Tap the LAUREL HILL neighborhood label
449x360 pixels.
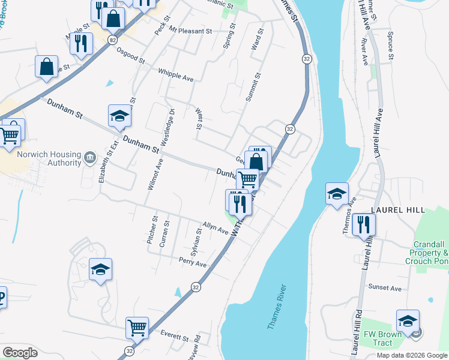398,210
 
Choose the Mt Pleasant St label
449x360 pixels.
191,30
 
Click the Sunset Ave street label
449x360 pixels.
385,288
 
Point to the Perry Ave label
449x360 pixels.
192,262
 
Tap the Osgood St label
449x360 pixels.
131,56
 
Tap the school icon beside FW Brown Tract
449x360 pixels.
408,320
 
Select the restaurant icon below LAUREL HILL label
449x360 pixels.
364,224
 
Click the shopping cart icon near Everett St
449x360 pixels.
137,328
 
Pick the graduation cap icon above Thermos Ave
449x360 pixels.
337,193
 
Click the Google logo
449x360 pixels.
20,353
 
